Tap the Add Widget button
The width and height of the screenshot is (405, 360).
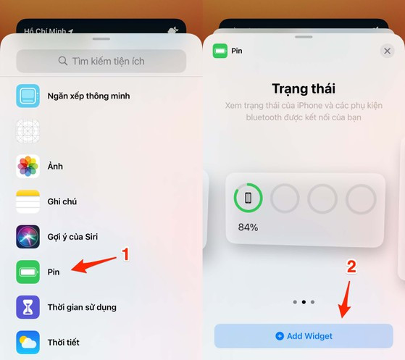coord(304,336)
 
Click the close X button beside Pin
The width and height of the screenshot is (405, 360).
coord(387,51)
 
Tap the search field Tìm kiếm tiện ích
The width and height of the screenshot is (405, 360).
coord(101,61)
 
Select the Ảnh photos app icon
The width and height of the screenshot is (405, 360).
coord(28,167)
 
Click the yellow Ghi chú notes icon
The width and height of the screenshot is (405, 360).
coord(28,201)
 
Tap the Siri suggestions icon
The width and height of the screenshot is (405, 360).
coord(28,237)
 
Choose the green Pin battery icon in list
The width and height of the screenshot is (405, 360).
coord(28,272)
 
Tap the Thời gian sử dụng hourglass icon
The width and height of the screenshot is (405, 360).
coord(28,307)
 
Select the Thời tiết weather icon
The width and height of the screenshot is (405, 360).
coord(28,342)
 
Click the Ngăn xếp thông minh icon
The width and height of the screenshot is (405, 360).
coord(28,96)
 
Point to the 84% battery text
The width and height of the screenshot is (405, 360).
coord(249,227)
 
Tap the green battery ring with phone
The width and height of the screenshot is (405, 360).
coord(248,198)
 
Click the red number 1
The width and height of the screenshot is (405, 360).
coord(125,254)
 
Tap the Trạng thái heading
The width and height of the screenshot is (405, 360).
coord(304,89)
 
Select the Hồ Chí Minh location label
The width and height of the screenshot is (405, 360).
coord(44,32)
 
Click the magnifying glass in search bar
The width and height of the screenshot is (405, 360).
coord(63,62)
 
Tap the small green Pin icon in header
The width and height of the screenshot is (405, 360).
coord(220,51)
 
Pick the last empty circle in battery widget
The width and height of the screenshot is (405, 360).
coord(360,198)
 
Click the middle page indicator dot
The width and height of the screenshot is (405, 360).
coord(304,301)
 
